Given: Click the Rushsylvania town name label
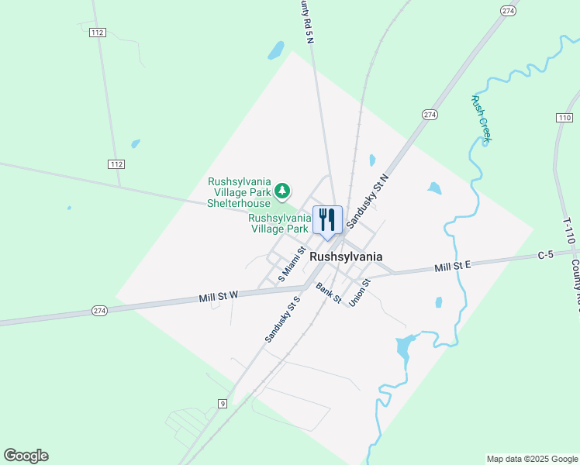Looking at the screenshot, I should pos(346,257).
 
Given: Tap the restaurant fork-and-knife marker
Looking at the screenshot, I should pos(327,220).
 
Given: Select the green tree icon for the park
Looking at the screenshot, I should pos(283,190).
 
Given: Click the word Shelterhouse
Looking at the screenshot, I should pos(239,203).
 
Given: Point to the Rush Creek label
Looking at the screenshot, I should pos(482,118).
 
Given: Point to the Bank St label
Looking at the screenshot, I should pos(329,293).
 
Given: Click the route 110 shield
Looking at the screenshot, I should pos(564,117).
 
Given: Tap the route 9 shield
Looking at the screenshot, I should pos(222,403).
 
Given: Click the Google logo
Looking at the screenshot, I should pos(26,456).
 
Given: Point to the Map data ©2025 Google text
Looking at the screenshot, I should pos(532,459).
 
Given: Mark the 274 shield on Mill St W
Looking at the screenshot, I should pos(99,311).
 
